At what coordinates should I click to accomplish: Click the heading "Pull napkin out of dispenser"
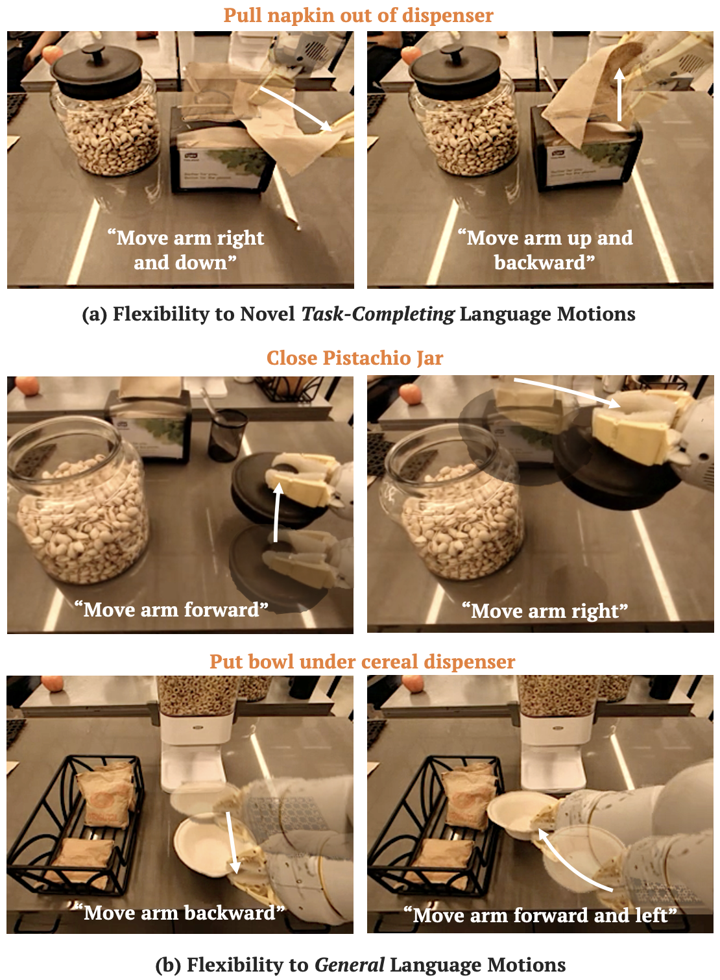(359, 16)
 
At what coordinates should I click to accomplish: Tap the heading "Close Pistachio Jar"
(355, 358)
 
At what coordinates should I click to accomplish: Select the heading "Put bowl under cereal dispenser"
(363, 661)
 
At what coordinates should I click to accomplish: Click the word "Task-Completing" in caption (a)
(378, 314)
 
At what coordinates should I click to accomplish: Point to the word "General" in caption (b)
(349, 964)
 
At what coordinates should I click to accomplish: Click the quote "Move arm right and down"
(186, 250)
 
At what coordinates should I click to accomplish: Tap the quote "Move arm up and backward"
(545, 250)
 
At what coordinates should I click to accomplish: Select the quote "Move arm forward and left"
(540, 915)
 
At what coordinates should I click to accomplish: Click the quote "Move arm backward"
(179, 913)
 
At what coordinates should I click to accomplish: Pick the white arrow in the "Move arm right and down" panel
(296, 109)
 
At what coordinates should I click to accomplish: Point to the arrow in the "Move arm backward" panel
(232, 842)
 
